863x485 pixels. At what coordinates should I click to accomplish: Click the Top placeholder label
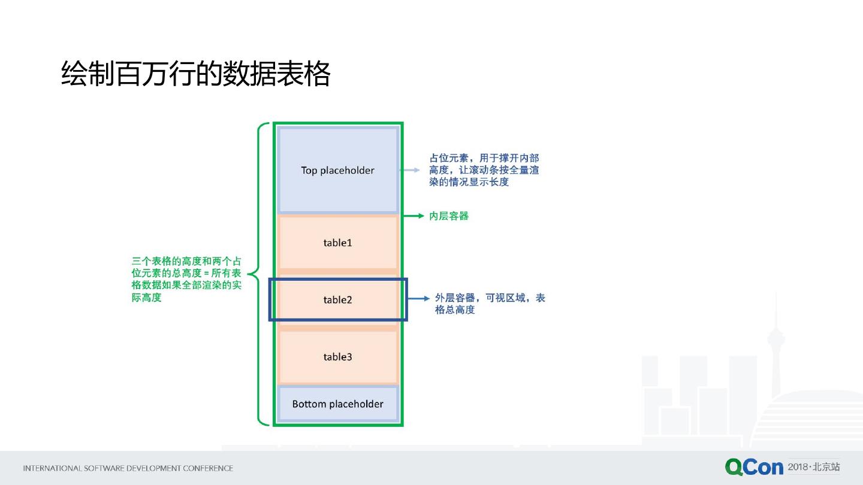[337, 171]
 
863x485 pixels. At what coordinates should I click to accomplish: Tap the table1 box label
[337, 242]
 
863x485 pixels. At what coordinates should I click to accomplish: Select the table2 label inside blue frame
[337, 300]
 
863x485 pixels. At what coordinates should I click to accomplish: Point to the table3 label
[337, 357]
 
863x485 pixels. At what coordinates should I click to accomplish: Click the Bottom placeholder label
[337, 404]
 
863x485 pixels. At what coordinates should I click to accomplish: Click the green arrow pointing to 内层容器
[414, 216]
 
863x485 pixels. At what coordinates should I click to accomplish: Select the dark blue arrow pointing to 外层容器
[419, 298]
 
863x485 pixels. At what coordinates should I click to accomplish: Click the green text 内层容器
[449, 216]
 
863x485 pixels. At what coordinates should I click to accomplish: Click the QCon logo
[753, 467]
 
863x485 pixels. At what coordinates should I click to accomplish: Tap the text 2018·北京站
[813, 466]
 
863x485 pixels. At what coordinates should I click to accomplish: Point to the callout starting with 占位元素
[484, 170]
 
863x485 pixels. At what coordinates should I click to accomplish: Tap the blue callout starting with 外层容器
[490, 304]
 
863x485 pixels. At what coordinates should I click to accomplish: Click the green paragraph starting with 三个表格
[186, 279]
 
